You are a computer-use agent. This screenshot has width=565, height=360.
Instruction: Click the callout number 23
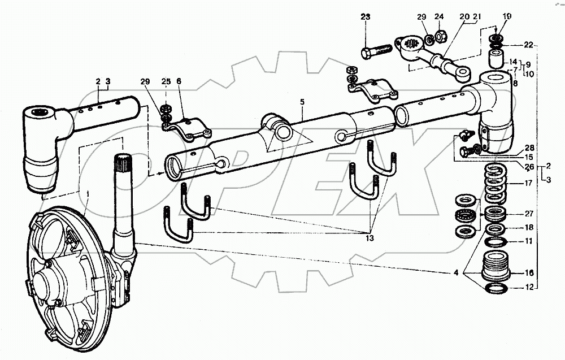click(x=366, y=18)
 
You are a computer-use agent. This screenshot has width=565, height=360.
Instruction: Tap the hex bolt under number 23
click(x=376, y=51)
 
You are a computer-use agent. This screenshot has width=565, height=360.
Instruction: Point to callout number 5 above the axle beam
click(x=302, y=102)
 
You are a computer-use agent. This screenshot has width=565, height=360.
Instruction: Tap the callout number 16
click(x=529, y=272)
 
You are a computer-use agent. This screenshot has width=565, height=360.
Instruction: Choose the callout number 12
click(x=529, y=288)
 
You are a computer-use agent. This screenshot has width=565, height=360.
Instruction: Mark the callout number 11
click(x=529, y=241)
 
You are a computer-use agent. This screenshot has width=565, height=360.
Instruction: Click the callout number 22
click(x=528, y=45)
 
